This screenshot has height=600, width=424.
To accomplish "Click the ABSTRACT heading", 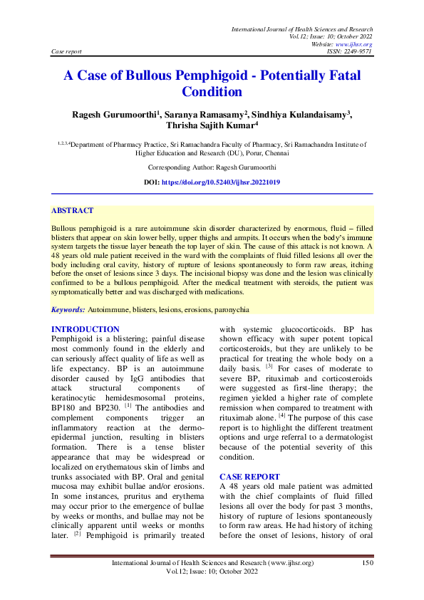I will click(72, 211).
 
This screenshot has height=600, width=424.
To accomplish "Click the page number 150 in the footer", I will click(368, 563).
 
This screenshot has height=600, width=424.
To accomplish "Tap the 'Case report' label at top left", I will click(67, 52).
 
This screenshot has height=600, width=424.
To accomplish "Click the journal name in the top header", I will click(302, 28).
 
